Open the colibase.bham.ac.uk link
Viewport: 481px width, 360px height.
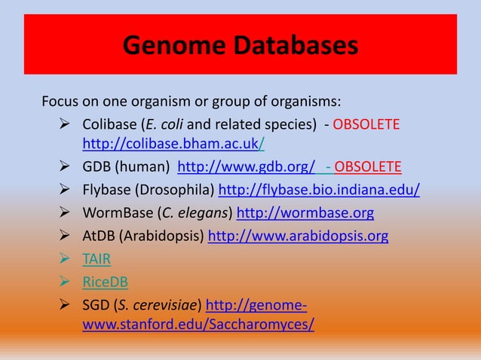click(x=173, y=143)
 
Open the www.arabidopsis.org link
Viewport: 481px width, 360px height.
click(x=298, y=236)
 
